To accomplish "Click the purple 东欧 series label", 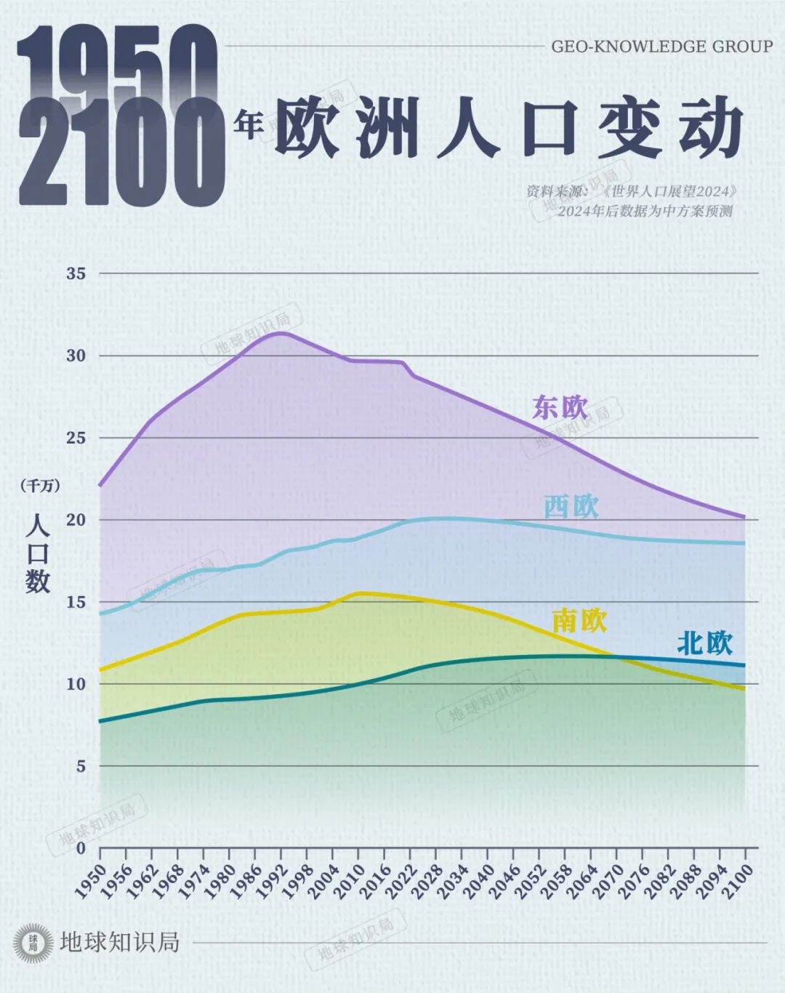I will click(560, 407).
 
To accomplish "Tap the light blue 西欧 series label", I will click(571, 507).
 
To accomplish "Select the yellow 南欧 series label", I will click(579, 621).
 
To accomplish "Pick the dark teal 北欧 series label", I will click(704, 643).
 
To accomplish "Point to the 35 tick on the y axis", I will click(76, 274).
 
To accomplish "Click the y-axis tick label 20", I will click(76, 520).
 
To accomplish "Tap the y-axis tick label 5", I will click(80, 765).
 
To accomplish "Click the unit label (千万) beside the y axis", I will click(40, 486).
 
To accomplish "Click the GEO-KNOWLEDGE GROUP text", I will click(661, 47).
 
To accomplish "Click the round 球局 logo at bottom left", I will click(33, 943).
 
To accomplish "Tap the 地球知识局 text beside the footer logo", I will click(120, 943).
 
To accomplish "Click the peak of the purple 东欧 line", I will click(280, 332).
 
